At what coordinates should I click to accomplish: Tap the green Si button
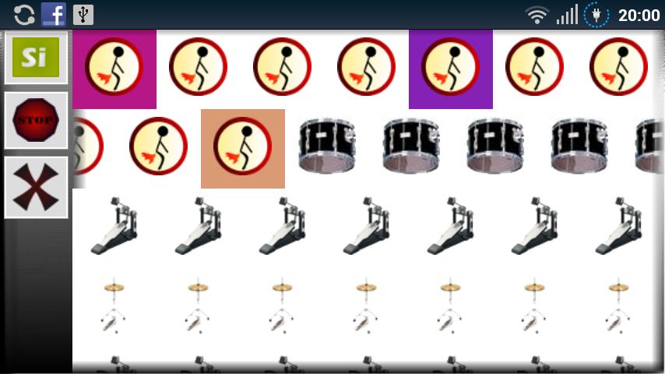pos(36,58)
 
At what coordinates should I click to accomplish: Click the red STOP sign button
pos(36,120)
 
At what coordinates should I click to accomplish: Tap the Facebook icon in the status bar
pos(54,15)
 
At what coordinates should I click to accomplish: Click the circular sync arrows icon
pos(24,15)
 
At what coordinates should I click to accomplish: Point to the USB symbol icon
pos(83,15)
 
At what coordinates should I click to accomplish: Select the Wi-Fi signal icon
pos(537,16)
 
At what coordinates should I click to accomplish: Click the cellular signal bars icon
pos(567,15)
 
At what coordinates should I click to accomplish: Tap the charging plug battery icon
pos(596,16)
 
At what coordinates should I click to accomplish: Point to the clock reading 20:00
pos(639,16)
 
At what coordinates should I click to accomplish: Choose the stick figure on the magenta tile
pos(114,67)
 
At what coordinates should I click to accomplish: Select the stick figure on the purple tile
pos(450,67)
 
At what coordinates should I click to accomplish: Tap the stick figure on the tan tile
pos(243,146)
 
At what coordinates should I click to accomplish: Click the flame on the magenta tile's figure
pos(105,79)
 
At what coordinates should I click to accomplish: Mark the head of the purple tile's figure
pos(455,51)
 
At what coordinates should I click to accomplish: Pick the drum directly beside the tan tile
pos(327,146)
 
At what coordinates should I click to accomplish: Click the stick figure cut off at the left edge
pos(88,146)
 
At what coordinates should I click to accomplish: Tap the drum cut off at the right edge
pos(649,146)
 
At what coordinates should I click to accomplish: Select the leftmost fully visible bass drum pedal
pos(114,226)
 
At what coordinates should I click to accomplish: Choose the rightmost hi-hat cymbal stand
pos(619,305)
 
